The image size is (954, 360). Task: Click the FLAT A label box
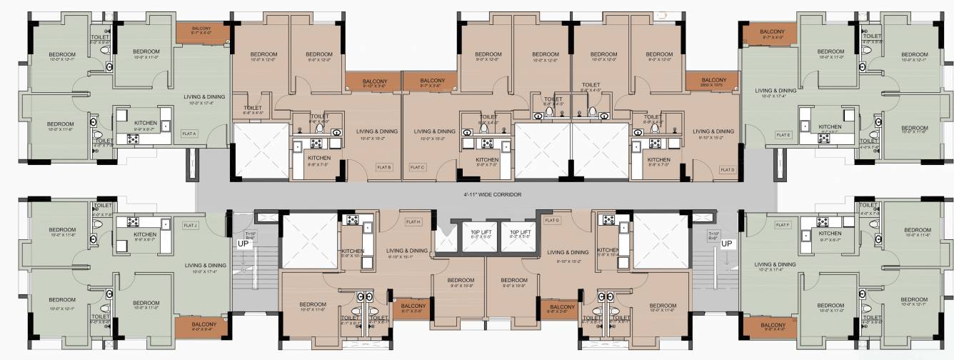coord(189,132)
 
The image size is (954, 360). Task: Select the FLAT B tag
coord(384,167)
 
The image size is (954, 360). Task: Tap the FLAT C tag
coord(418,167)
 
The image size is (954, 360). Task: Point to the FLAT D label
coord(728,169)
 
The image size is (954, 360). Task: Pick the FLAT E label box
coord(784,134)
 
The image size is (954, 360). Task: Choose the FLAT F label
coord(783,225)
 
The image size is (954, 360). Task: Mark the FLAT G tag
coord(551,221)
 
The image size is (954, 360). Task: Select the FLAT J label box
coord(190,226)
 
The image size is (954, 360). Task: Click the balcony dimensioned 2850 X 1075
coord(714,81)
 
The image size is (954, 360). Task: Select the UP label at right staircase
coord(726,244)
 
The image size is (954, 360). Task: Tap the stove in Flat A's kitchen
coord(133,139)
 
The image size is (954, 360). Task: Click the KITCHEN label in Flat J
coord(145,234)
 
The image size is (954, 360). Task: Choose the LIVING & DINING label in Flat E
coord(776,91)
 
